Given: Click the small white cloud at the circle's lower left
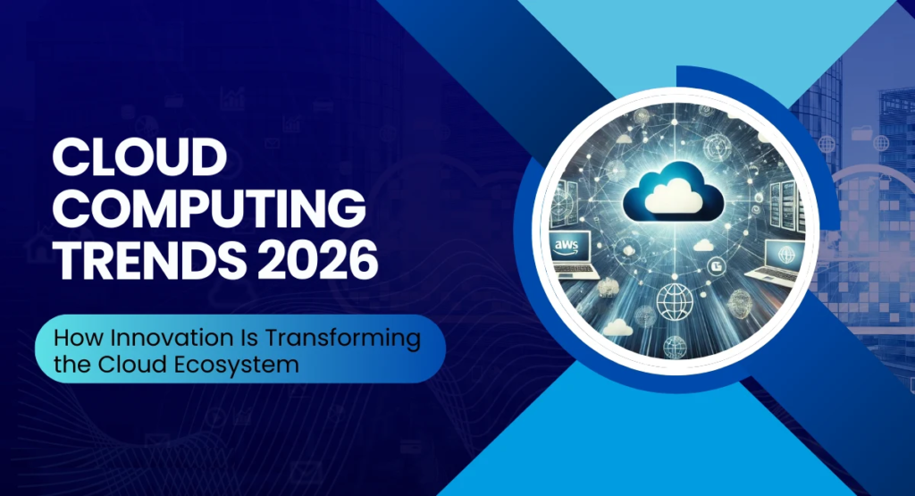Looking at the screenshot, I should [x=616, y=329].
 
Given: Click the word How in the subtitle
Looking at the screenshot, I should [x=75, y=340].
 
